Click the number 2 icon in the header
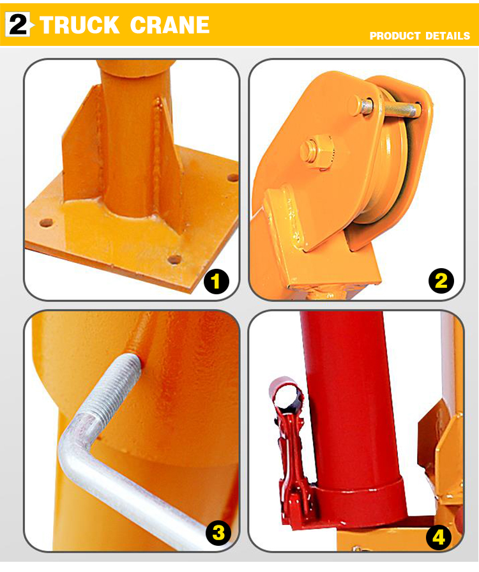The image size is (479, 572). coord(19,24)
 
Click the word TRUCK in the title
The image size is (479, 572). coord(80,25)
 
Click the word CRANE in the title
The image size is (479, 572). coord(170,25)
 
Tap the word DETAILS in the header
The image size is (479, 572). coord(447,36)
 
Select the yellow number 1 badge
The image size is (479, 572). coord(217,281)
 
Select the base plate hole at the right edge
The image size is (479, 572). coord(232,177)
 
